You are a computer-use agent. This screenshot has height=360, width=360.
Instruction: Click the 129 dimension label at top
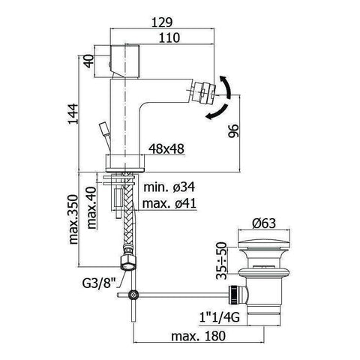162,22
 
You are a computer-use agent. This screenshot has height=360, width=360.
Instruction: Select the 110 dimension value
169,37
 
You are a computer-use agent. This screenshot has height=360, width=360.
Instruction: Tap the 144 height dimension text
73,113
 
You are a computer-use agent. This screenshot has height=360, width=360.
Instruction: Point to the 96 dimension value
233,130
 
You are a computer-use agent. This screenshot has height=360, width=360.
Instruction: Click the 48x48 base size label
166,149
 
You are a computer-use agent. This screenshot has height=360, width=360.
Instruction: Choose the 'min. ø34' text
169,187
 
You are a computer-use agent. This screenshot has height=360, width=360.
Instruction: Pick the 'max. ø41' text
169,204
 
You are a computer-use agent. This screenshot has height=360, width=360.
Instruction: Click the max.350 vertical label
73,219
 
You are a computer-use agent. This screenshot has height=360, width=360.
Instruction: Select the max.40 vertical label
91,208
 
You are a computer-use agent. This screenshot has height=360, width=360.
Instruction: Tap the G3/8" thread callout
99,283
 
